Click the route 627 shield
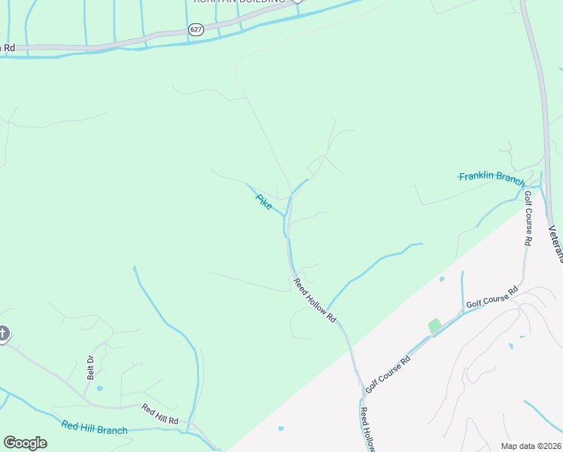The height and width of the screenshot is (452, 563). (196, 29)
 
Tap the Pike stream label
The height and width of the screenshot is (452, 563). (263, 202)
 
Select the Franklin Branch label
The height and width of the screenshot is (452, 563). (491, 179)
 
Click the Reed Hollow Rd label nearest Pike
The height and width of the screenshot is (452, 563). (315, 300)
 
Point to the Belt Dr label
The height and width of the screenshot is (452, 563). (90, 367)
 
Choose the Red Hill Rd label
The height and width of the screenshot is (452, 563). (160, 414)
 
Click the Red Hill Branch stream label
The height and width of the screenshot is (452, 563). (95, 429)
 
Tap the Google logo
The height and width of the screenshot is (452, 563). (25, 443)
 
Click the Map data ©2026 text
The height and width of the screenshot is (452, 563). (530, 446)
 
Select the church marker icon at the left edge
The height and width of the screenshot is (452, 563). (3, 333)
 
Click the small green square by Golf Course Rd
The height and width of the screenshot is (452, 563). (435, 326)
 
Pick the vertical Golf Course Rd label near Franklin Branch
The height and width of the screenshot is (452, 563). (528, 218)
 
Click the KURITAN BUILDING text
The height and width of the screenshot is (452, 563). (239, 2)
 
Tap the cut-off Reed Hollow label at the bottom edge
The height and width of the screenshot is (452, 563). (367, 429)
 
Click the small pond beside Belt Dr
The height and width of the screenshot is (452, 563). (99, 389)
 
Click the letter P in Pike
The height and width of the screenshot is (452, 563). (258, 197)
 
